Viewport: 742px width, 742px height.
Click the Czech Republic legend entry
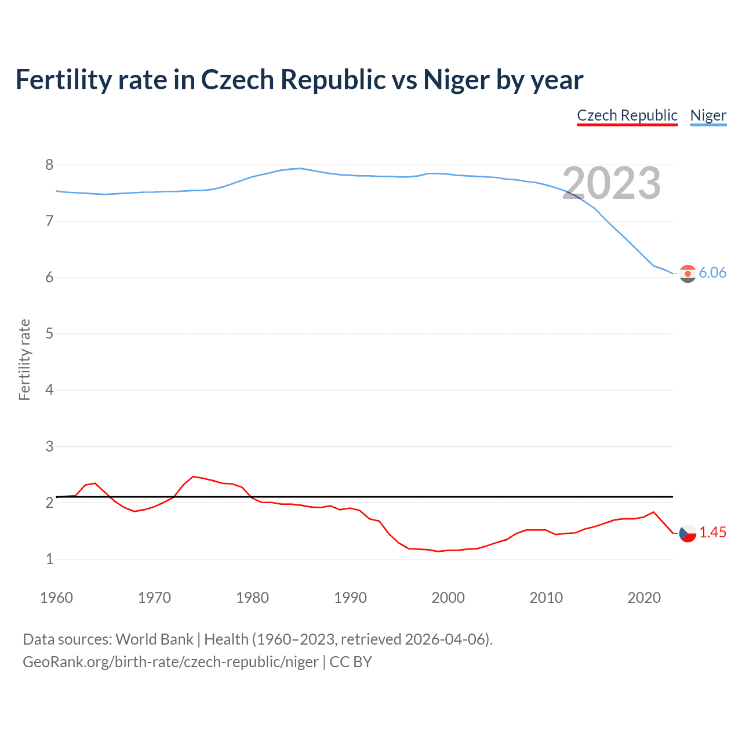pos(627,115)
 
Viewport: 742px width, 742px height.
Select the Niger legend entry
pos(708,115)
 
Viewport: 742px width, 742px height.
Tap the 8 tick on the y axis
pos(49,165)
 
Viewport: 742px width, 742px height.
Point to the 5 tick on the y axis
pos(49,334)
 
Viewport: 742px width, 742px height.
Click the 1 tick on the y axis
pos(49,559)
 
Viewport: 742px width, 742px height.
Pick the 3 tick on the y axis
pos(49,446)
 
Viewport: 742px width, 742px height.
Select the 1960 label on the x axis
pos(56,598)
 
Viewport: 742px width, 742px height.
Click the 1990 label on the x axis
pos(350,598)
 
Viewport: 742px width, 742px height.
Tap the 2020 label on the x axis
pos(644,598)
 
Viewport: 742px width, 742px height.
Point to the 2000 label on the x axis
pos(448,598)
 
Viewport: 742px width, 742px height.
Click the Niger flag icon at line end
pos(688,274)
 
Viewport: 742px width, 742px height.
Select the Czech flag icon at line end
pos(688,533)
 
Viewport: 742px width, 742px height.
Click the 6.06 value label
pos(712,273)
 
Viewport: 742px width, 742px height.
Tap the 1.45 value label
pos(712,533)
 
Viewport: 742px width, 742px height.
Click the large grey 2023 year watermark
pos(612,183)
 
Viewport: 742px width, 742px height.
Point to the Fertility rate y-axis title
pos(24,359)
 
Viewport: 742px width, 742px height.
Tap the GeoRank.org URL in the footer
pos(170,662)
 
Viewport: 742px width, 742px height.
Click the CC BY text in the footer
pos(351,662)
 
